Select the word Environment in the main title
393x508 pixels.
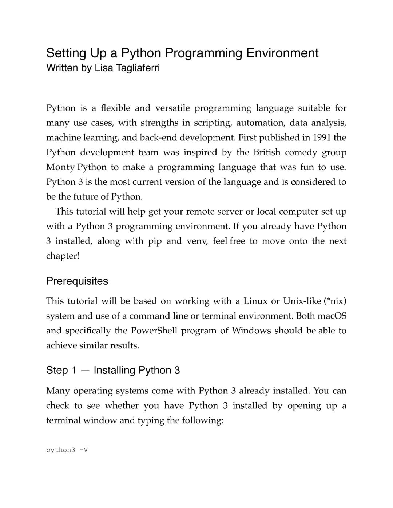pos(282,53)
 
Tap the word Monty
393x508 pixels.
pos(60,167)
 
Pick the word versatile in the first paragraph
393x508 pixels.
pos(172,108)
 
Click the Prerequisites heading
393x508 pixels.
pos(77,281)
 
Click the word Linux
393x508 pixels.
pos(255,301)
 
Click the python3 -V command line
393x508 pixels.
pos(67,450)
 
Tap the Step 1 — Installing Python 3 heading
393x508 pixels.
pos(113,370)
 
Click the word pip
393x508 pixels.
pos(155,241)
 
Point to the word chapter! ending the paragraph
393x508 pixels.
pos(63,256)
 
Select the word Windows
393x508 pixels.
pos(251,331)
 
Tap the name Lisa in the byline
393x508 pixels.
pos(104,68)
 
